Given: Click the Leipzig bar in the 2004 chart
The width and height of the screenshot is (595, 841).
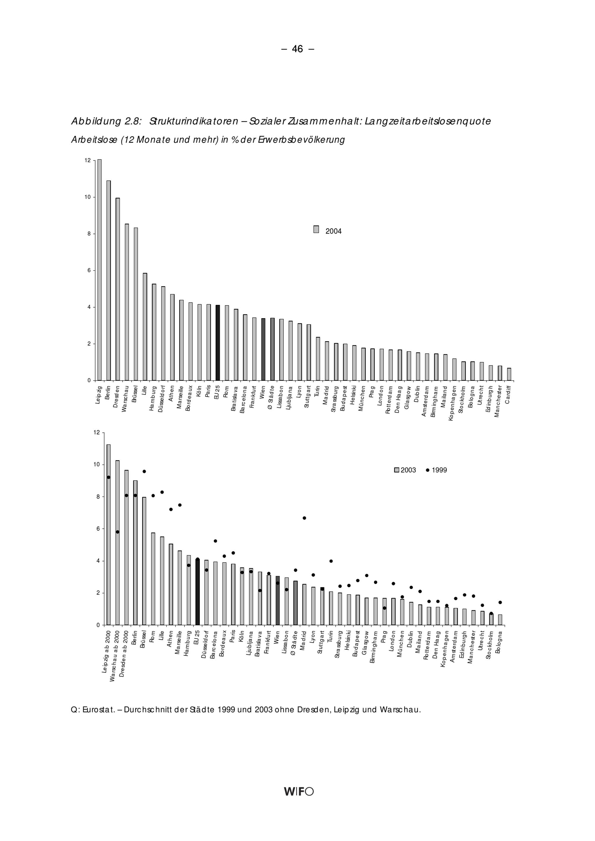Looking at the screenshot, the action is coord(99,270).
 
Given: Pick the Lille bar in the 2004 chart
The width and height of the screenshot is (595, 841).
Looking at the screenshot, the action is coord(145,327).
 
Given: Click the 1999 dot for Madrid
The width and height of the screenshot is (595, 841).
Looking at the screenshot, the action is coord(304,518).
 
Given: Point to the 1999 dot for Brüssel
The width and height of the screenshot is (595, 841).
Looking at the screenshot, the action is coord(144,471).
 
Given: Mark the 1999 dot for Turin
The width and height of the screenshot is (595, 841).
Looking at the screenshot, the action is coord(331,561).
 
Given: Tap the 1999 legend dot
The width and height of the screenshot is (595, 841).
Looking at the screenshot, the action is coord(428,470).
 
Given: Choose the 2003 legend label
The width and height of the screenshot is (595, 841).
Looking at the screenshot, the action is coord(408,470).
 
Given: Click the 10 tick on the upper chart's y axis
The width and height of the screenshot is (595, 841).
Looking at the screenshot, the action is coord(88,197).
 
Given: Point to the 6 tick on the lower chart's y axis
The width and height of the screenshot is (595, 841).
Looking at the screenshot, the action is coord(98,529).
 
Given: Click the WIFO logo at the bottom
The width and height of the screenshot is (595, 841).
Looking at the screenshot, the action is coord(299,792).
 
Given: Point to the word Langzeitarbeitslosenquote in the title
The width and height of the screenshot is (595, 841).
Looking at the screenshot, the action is coord(428,122).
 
